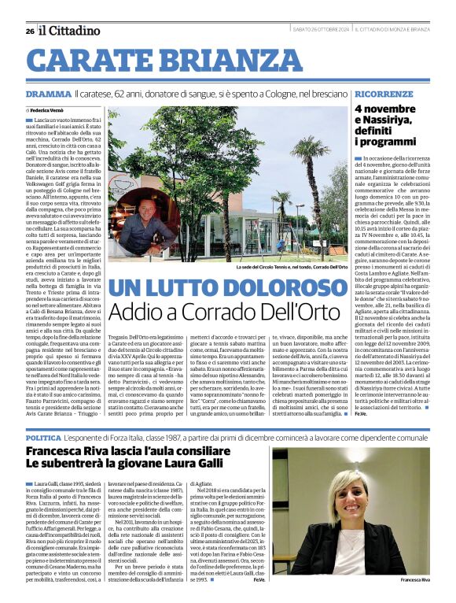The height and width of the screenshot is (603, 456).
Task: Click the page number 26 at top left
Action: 29,31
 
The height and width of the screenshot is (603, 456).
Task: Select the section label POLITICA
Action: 43,436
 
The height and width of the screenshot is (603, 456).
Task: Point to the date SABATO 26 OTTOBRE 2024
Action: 321,31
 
